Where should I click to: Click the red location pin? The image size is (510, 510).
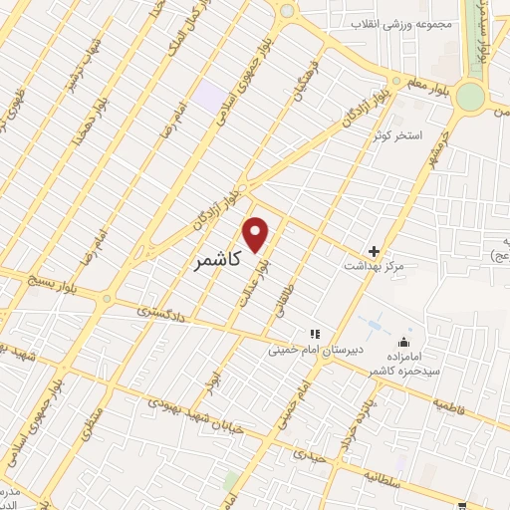click(257, 233)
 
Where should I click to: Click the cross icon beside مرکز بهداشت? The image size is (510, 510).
click(374, 251)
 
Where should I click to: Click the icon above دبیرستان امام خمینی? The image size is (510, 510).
click(313, 334)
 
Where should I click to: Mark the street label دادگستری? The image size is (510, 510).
click(159, 312)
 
